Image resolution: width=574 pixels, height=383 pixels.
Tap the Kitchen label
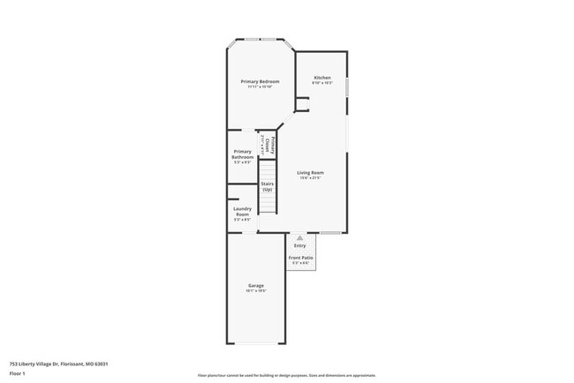[322, 78]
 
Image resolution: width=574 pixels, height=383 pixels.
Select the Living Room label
[310, 172]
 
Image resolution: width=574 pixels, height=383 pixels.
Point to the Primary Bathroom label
[243, 154]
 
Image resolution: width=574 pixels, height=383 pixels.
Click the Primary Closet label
[273, 145]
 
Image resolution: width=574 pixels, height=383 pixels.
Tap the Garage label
[256, 285]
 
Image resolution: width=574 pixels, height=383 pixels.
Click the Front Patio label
[300, 257]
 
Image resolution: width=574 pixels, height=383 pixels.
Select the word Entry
[300, 245]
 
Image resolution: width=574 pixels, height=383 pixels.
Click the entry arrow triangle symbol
[300, 237]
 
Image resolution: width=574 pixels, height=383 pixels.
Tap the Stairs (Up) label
[267, 186]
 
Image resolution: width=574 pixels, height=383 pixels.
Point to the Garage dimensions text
[256, 290]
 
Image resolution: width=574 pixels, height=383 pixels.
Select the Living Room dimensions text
[310, 177]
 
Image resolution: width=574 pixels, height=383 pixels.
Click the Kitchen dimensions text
[322, 83]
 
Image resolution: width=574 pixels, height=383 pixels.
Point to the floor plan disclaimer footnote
[286, 374]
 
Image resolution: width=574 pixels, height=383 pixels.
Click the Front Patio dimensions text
[300, 262]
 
